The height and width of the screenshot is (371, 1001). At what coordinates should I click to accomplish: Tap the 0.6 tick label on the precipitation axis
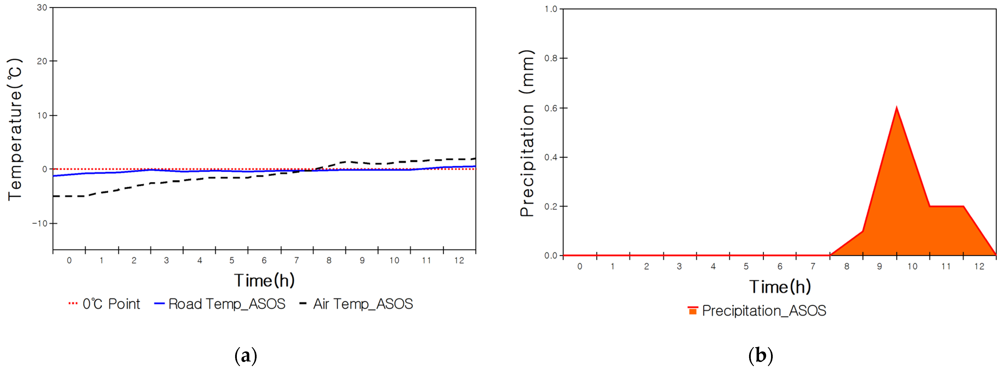[551, 108]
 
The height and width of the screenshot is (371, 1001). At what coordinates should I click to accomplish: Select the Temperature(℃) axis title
[15, 130]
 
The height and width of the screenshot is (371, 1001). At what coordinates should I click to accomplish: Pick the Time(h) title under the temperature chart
[264, 280]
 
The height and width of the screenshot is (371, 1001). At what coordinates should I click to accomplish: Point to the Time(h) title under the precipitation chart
[780, 287]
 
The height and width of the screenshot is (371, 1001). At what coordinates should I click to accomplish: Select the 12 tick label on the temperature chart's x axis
[459, 260]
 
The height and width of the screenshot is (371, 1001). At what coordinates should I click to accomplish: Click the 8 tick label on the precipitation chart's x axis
[847, 266]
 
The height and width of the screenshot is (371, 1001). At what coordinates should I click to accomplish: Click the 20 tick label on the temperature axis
[42, 61]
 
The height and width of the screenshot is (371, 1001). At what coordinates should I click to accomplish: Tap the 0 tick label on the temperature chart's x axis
[69, 260]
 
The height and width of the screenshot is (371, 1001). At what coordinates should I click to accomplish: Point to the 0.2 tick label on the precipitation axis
[551, 207]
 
